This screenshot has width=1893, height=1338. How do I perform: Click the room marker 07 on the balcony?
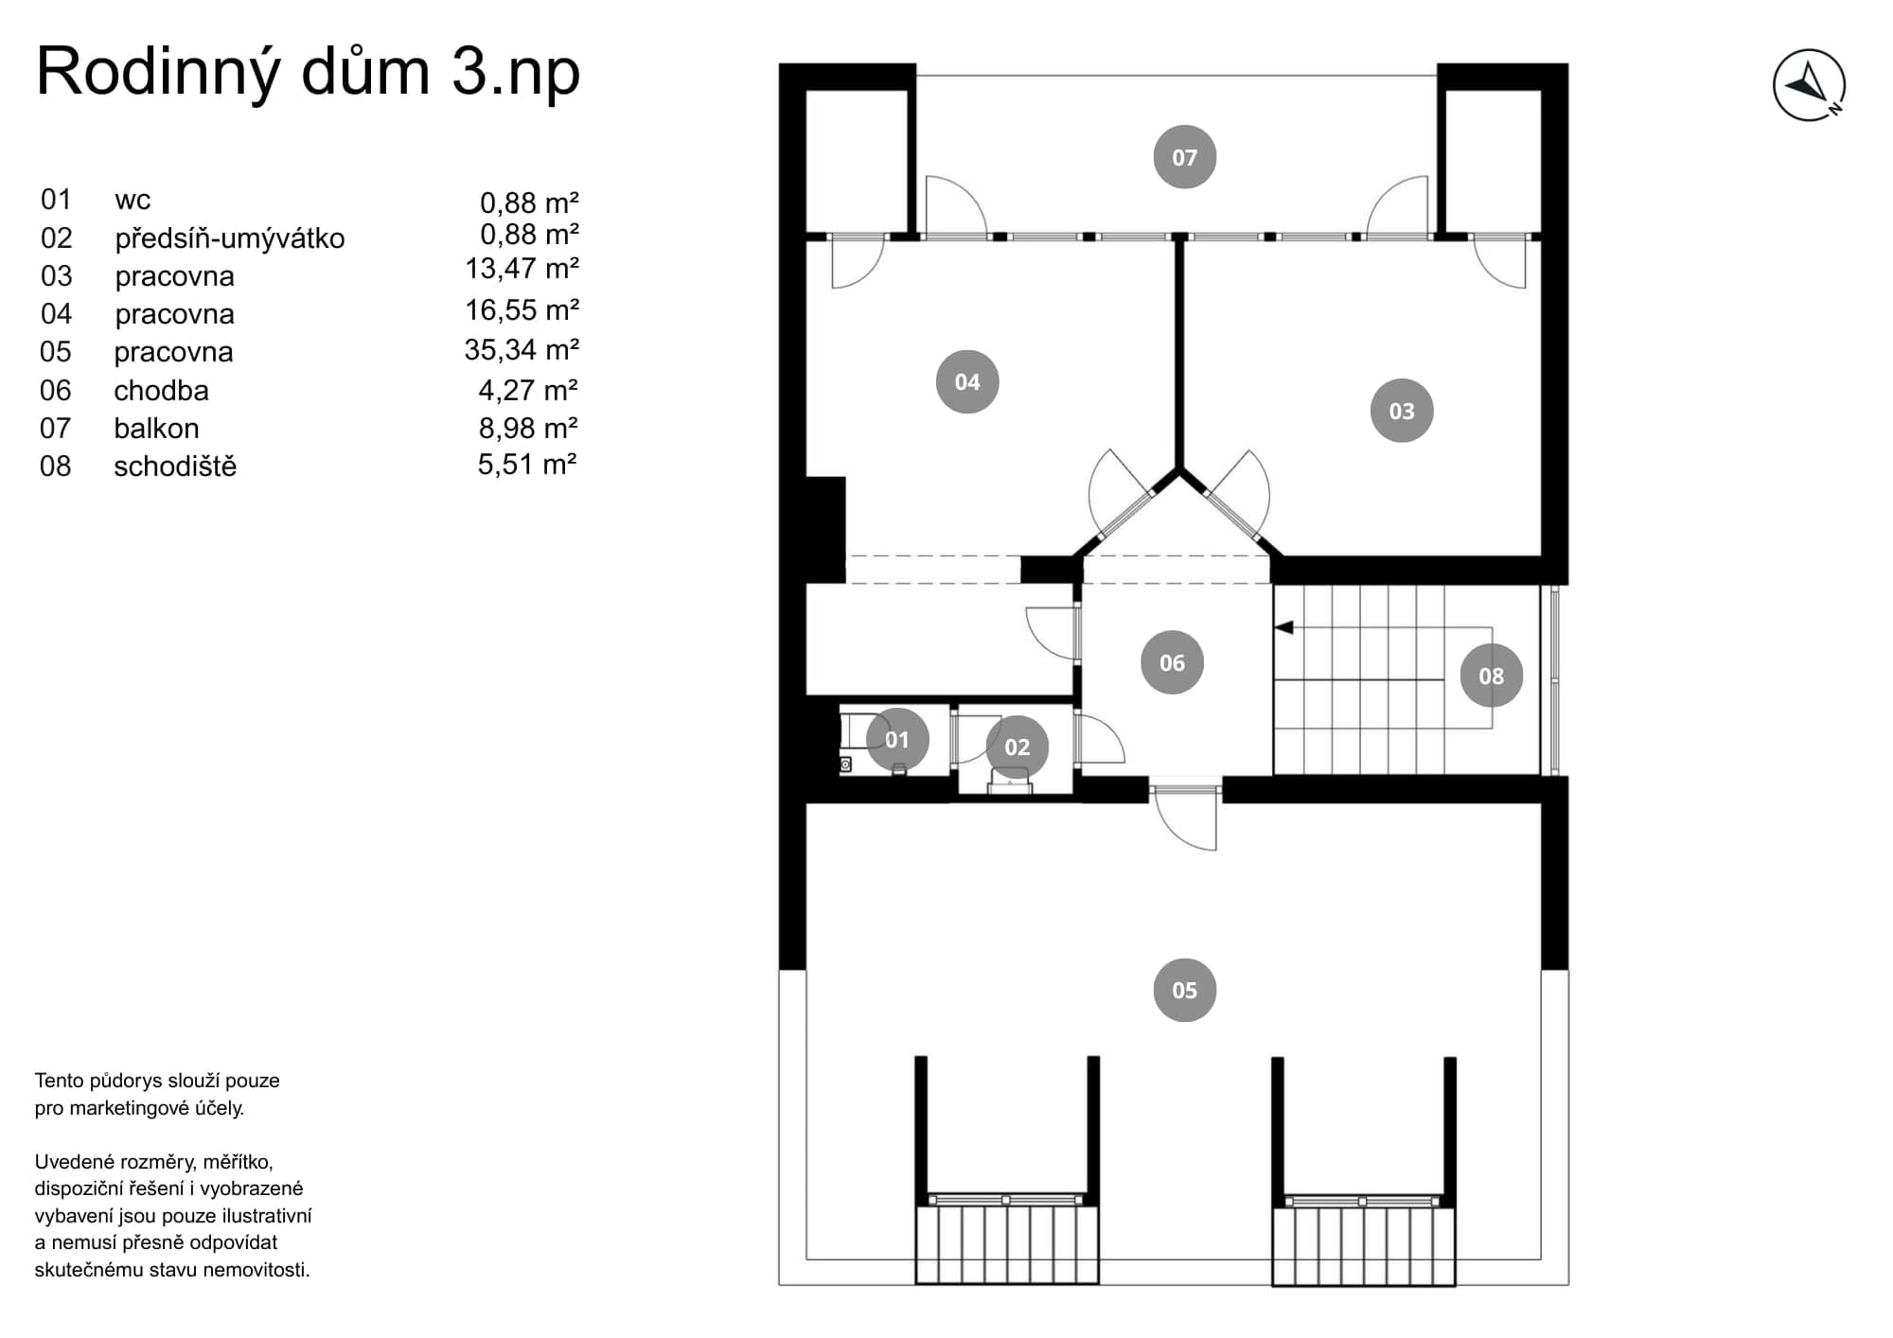coord(1184,157)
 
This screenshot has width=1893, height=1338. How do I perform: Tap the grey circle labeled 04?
coord(966,381)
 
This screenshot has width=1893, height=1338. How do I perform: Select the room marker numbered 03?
coord(1401,411)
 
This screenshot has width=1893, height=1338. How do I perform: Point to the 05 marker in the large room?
coord(1184,990)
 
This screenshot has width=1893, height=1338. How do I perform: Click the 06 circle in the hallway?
coord(1172,662)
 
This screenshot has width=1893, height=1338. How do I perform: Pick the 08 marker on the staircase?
coord(1491,676)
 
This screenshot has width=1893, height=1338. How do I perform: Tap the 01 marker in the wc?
coord(896,739)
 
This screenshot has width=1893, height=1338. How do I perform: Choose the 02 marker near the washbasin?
coord(1017,747)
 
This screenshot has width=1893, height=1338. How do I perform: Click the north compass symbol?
coord(1809,85)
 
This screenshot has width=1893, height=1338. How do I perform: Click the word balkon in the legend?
coord(156,429)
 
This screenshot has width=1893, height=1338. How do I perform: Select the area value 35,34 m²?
coord(522,350)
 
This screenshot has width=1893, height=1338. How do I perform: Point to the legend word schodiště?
coord(175,467)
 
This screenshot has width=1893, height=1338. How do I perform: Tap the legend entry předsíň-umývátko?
coord(230,238)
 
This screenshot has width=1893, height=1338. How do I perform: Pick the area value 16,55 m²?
coord(522,309)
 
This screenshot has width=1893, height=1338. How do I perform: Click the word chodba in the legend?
coord(161,391)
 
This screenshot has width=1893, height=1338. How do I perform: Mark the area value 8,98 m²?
coord(528,429)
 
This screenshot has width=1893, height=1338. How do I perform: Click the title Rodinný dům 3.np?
coord(308,72)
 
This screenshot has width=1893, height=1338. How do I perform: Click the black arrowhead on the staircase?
coord(1283,627)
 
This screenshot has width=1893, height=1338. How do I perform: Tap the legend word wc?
coord(133,201)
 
